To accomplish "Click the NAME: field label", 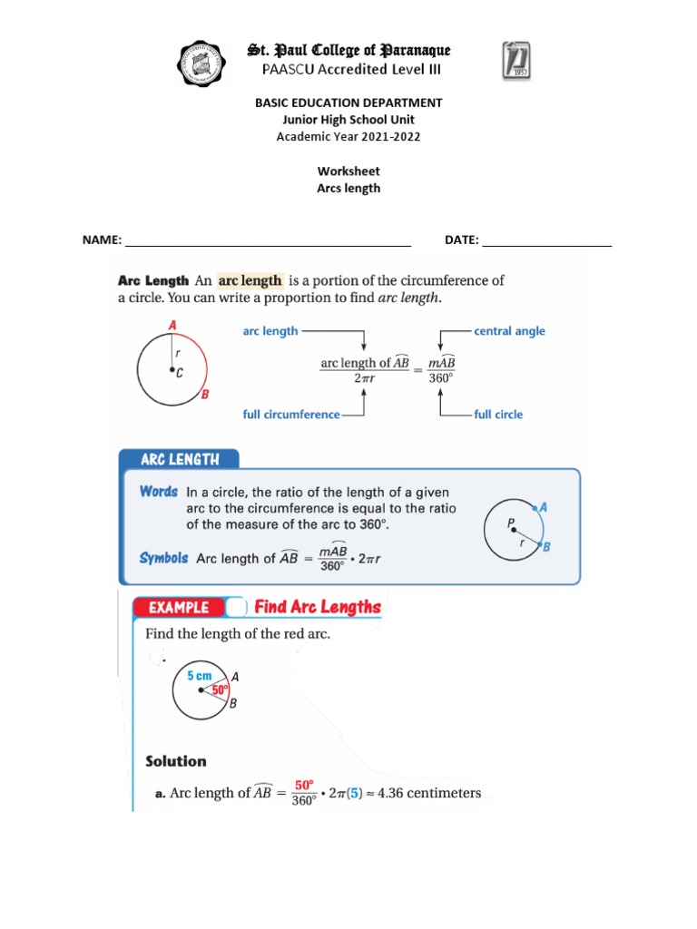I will tap(102, 240).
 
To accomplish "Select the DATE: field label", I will tap(461, 240).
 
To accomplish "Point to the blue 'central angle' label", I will tap(509, 331).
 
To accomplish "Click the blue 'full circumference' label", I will tap(290, 415).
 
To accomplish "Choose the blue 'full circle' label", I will tap(498, 415).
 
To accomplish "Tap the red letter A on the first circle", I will tap(172, 325).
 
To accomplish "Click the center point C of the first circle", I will tap(172, 370).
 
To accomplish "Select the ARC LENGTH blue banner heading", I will tap(180, 460).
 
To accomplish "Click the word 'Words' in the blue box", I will tap(158, 492).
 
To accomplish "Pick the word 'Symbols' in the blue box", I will tap(163, 558).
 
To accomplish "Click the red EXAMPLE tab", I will tap(173, 608).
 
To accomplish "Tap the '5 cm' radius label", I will tap(200, 676).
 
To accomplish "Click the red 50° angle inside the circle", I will tap(219, 690).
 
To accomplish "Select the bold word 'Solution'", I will tap(176, 761).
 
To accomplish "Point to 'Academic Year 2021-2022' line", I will tap(348, 136).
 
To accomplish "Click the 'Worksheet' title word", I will tap(348, 171).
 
